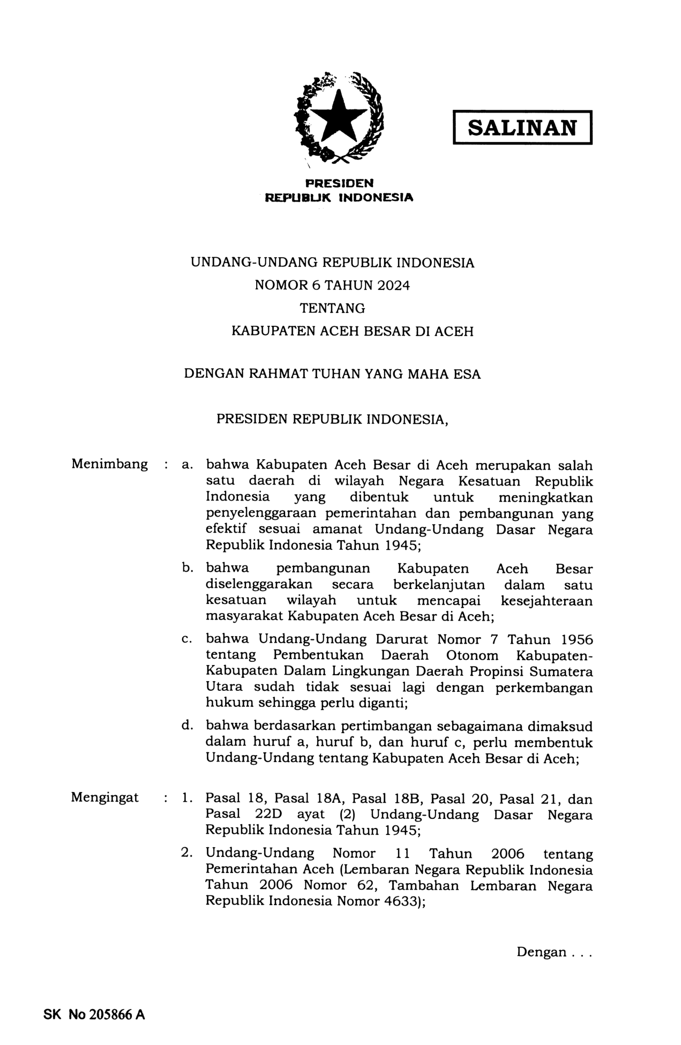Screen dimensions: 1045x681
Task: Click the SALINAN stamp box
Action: click(522, 128)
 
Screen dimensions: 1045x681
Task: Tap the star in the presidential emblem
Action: click(340, 116)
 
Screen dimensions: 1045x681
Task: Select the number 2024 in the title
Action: click(393, 286)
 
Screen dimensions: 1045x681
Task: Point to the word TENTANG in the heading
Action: click(332, 309)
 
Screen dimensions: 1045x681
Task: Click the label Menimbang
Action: click(110, 464)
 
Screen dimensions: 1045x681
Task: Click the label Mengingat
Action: click(105, 797)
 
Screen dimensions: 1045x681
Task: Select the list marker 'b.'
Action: click(187, 568)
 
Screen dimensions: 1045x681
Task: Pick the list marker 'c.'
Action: click(187, 639)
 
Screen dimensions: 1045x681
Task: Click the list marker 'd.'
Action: click(187, 726)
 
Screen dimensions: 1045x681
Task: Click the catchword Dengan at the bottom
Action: click(541, 952)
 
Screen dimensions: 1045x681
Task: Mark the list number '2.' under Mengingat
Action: click(187, 853)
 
